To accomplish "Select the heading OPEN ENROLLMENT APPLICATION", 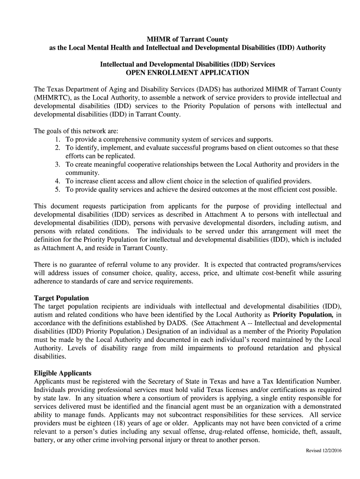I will pyautogui.click(x=187, y=73).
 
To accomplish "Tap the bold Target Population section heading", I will pyautogui.click(x=61, y=298).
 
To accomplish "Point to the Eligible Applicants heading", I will pyautogui.click(x=63, y=373).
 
